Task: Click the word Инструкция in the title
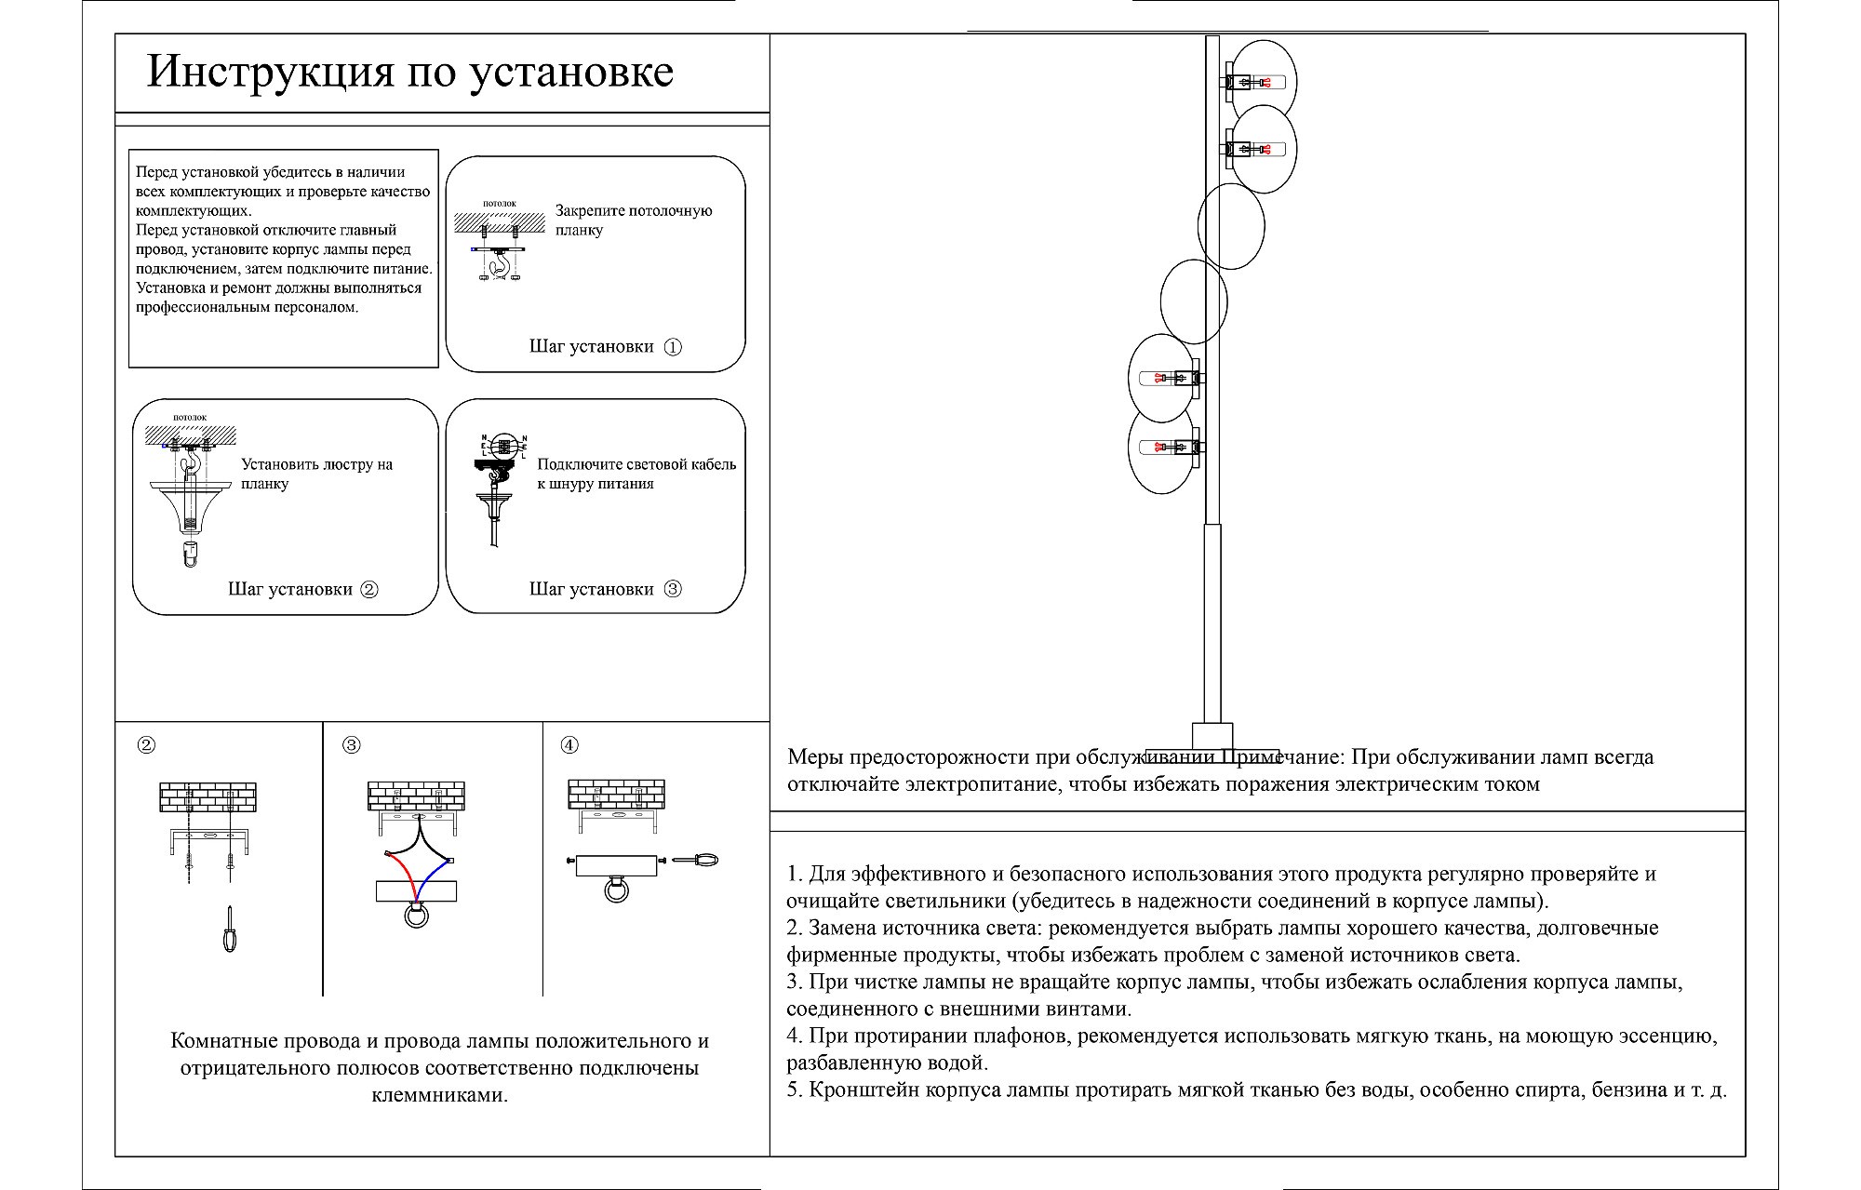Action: point(270,73)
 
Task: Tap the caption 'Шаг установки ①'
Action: point(605,347)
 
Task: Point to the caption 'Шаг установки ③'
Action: point(605,589)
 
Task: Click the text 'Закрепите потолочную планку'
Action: point(633,221)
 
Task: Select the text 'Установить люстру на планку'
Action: point(316,474)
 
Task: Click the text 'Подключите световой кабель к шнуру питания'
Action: point(636,474)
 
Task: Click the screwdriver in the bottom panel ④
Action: point(695,861)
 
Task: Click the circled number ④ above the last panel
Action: point(569,745)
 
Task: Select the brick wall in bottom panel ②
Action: point(208,797)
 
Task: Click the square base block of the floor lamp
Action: point(1212,736)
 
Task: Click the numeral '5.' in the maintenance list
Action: point(795,1090)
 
